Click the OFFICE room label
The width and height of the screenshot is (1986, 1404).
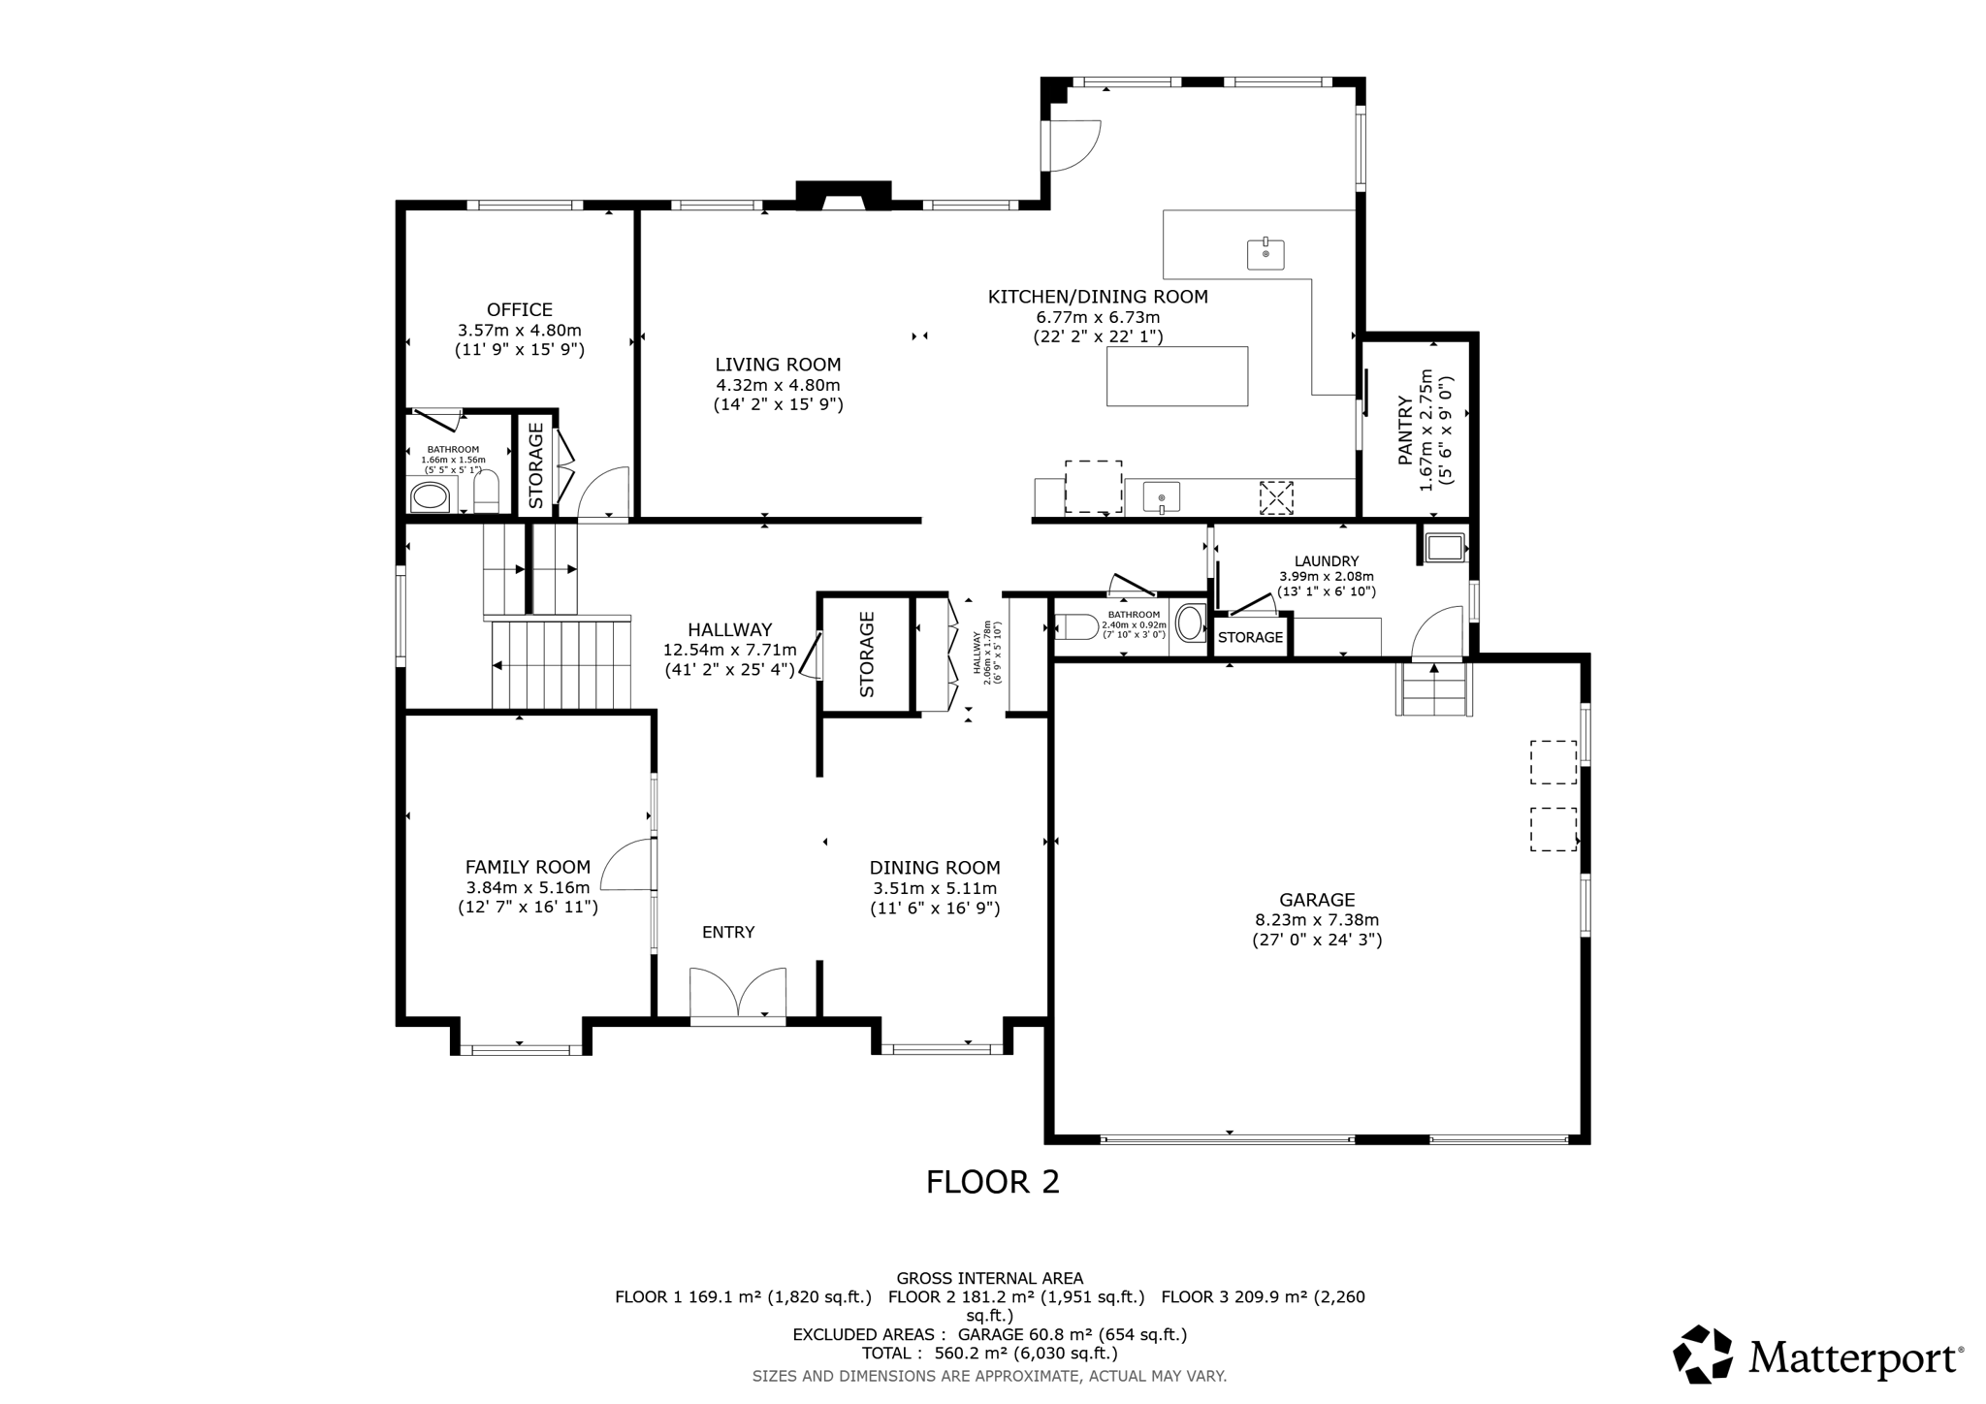(520, 310)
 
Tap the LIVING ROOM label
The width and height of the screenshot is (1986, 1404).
(778, 365)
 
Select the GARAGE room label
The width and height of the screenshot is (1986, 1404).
(1316, 900)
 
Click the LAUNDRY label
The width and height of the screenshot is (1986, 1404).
(1327, 561)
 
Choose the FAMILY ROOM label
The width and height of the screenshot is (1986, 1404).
(528, 867)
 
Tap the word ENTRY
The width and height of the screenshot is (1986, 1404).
(728, 932)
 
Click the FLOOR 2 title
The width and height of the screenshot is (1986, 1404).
(993, 1182)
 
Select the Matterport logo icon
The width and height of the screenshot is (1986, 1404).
(1703, 1354)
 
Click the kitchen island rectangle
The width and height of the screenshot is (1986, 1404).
(1177, 376)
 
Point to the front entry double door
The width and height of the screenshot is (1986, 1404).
(737, 993)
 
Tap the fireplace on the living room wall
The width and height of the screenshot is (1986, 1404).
(843, 195)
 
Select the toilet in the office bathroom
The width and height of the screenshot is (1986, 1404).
(485, 493)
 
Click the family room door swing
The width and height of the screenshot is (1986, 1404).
(626, 865)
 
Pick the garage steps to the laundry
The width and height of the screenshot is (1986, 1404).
(1433, 689)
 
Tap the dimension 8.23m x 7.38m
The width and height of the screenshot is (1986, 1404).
(1317, 920)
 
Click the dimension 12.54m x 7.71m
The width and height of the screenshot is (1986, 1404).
(729, 650)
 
